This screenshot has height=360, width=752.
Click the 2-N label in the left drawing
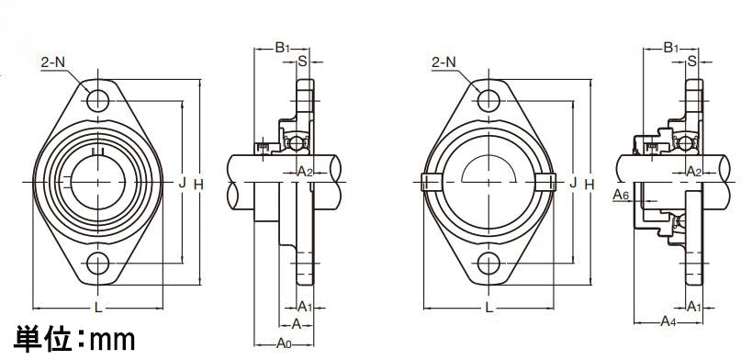click(53, 62)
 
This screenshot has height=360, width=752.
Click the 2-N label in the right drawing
click(443, 62)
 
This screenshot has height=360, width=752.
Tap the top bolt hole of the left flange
click(98, 100)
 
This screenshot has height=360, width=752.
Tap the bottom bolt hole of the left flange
click(98, 264)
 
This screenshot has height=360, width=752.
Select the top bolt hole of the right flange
click(488, 100)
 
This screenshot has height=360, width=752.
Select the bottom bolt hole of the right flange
click(488, 264)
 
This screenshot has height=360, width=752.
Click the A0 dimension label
click(284, 343)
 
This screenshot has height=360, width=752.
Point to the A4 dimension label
click(668, 321)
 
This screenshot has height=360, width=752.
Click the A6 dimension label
click(621, 195)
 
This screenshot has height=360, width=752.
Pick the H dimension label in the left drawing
click(198, 184)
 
